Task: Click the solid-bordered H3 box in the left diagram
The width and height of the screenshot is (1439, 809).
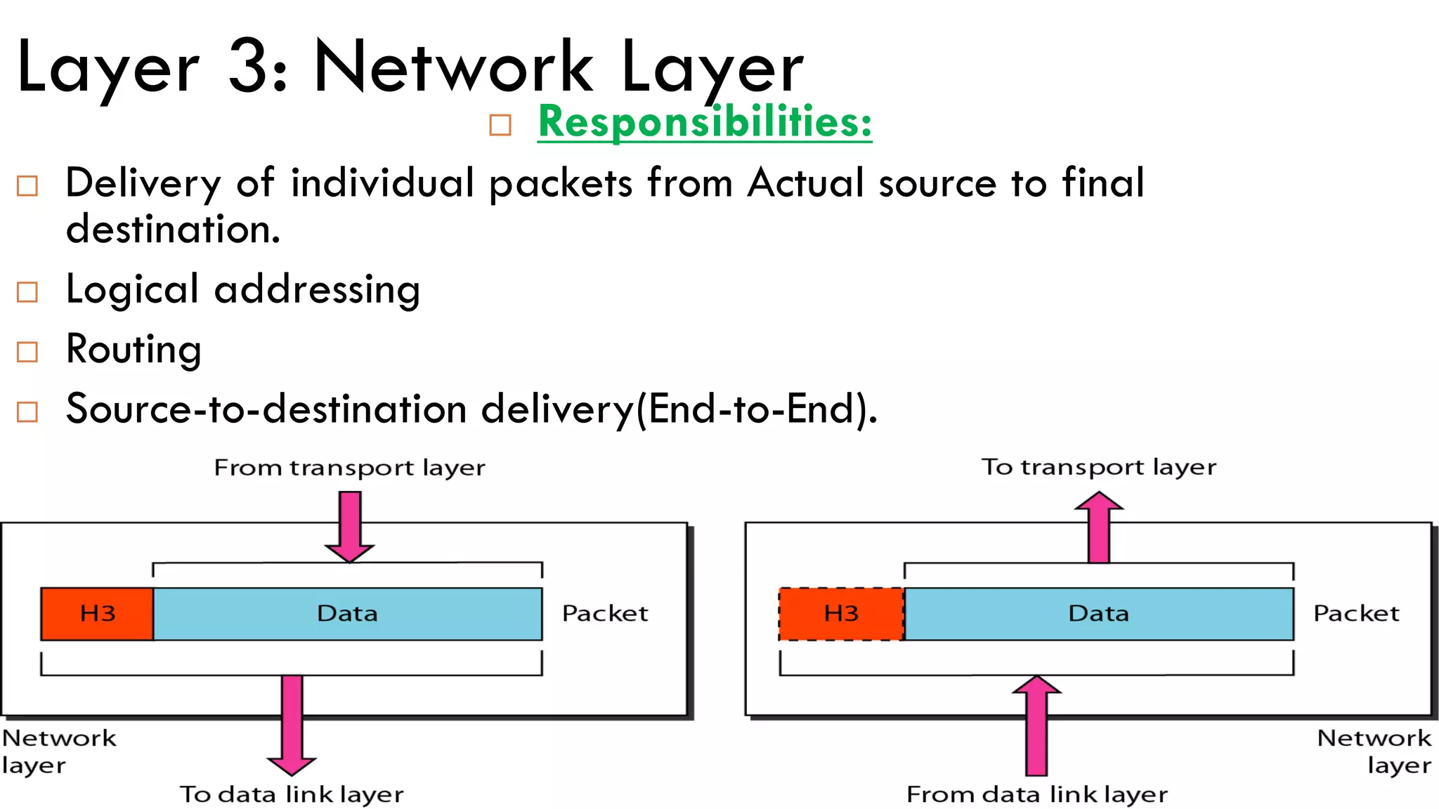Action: point(97,614)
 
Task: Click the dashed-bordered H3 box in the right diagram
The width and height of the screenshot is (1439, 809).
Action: point(841,614)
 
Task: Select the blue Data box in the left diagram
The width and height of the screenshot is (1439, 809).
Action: point(347,614)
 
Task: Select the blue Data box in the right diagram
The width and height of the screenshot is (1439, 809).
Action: point(1098,614)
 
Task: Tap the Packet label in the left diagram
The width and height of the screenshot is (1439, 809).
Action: point(604,614)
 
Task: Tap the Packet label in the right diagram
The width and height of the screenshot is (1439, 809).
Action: point(1356,614)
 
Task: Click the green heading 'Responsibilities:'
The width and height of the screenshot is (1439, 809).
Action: point(705,122)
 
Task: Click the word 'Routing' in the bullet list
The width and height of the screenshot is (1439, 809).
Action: point(134,349)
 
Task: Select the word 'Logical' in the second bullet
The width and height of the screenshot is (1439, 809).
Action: point(132,289)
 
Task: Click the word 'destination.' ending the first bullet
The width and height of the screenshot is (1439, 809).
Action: point(173,230)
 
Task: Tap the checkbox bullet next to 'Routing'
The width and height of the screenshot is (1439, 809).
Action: point(27,352)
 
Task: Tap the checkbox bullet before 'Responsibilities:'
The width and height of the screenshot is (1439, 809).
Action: point(500,126)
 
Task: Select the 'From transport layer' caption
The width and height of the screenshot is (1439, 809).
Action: point(349,468)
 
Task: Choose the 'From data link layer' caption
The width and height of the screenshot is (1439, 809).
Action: point(1036,794)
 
